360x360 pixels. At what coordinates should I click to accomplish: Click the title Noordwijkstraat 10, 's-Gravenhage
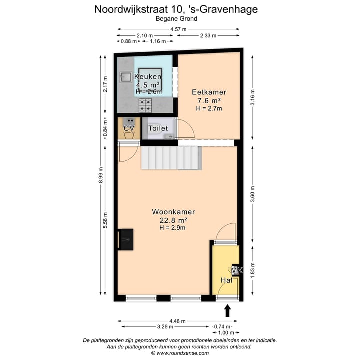pyautogui.click(x=179, y=9)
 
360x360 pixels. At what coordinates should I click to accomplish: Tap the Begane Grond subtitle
pyautogui.click(x=179, y=19)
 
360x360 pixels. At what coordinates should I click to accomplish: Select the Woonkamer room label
pyautogui.click(x=173, y=212)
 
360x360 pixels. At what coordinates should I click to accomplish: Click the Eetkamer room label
pyautogui.click(x=209, y=92)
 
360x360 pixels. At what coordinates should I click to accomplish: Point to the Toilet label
pyautogui.click(x=158, y=129)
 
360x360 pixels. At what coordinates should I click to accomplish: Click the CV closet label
pyautogui.click(x=129, y=129)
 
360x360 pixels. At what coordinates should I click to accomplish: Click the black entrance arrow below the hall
pyautogui.click(x=228, y=311)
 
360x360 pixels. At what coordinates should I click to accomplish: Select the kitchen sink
pyautogui.click(x=125, y=77)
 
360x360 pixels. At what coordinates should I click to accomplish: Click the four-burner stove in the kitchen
pyautogui.click(x=146, y=105)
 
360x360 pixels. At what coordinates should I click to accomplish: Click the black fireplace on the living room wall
pyautogui.click(x=126, y=240)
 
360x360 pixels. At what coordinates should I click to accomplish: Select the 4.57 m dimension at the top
pyautogui.click(x=178, y=29)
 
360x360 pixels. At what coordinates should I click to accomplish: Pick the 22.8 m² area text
pyautogui.click(x=173, y=220)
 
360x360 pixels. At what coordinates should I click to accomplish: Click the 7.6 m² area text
pyautogui.click(x=209, y=100)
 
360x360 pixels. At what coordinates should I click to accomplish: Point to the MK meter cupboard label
pyautogui.click(x=237, y=270)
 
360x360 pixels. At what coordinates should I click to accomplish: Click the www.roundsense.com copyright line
pyautogui.click(x=179, y=353)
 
